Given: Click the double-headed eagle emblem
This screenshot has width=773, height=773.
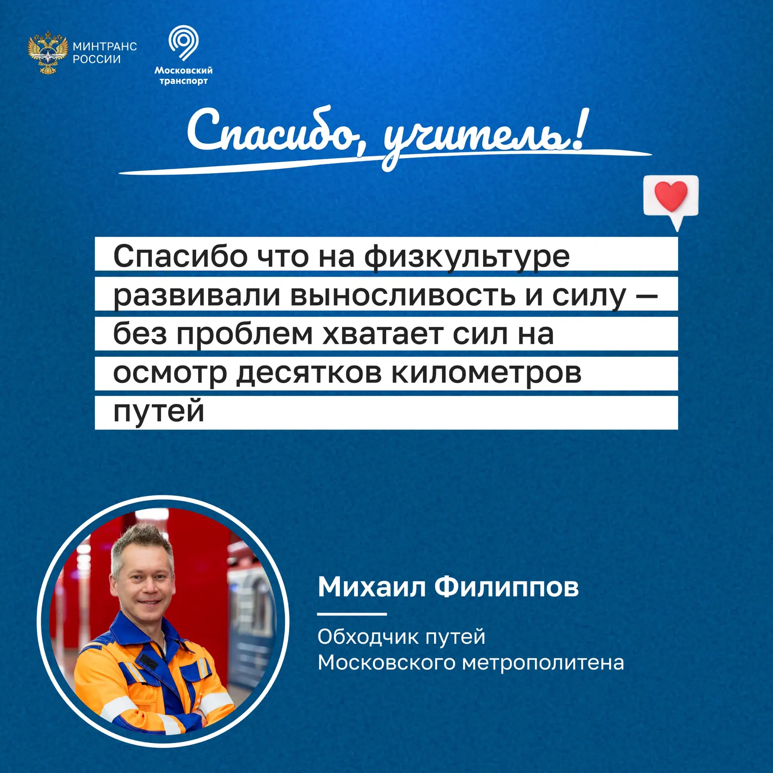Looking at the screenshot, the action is tap(48, 52).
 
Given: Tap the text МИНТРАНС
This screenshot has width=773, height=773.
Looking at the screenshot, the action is tap(105, 46).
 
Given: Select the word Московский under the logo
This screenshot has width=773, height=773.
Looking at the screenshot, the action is tap(184, 70).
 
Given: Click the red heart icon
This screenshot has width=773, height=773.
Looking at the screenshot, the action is tap(671, 196).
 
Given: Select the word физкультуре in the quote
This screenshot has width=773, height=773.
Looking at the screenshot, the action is tap(467, 257).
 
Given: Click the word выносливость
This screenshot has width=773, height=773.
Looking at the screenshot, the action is tap(403, 296).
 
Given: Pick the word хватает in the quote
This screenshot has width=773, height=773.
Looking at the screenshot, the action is tap(383, 335).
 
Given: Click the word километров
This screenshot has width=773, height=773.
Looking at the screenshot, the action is tap(486, 374).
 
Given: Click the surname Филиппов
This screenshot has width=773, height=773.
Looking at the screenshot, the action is tap(506, 588).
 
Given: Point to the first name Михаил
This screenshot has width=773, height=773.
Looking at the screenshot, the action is tap(372, 587).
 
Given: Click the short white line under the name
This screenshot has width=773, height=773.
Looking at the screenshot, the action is tap(352, 614).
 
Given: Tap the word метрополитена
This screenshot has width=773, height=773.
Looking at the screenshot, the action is tap(543, 663).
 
